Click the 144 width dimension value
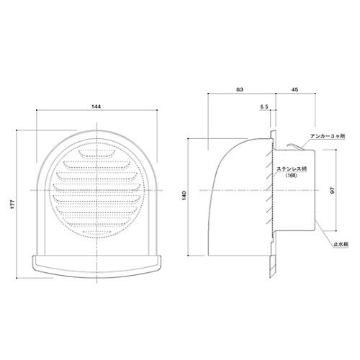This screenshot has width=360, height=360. click(x=96, y=107)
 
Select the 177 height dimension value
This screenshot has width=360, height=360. click(x=13, y=204)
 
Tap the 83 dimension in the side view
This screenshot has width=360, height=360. click(x=240, y=89)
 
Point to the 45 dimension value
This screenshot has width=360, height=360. click(x=295, y=89)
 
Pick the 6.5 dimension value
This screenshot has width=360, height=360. click(x=264, y=107)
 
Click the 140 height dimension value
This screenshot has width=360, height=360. click(x=184, y=196)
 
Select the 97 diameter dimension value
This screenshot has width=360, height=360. click(x=333, y=190)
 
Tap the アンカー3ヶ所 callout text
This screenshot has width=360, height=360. click(x=328, y=136)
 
